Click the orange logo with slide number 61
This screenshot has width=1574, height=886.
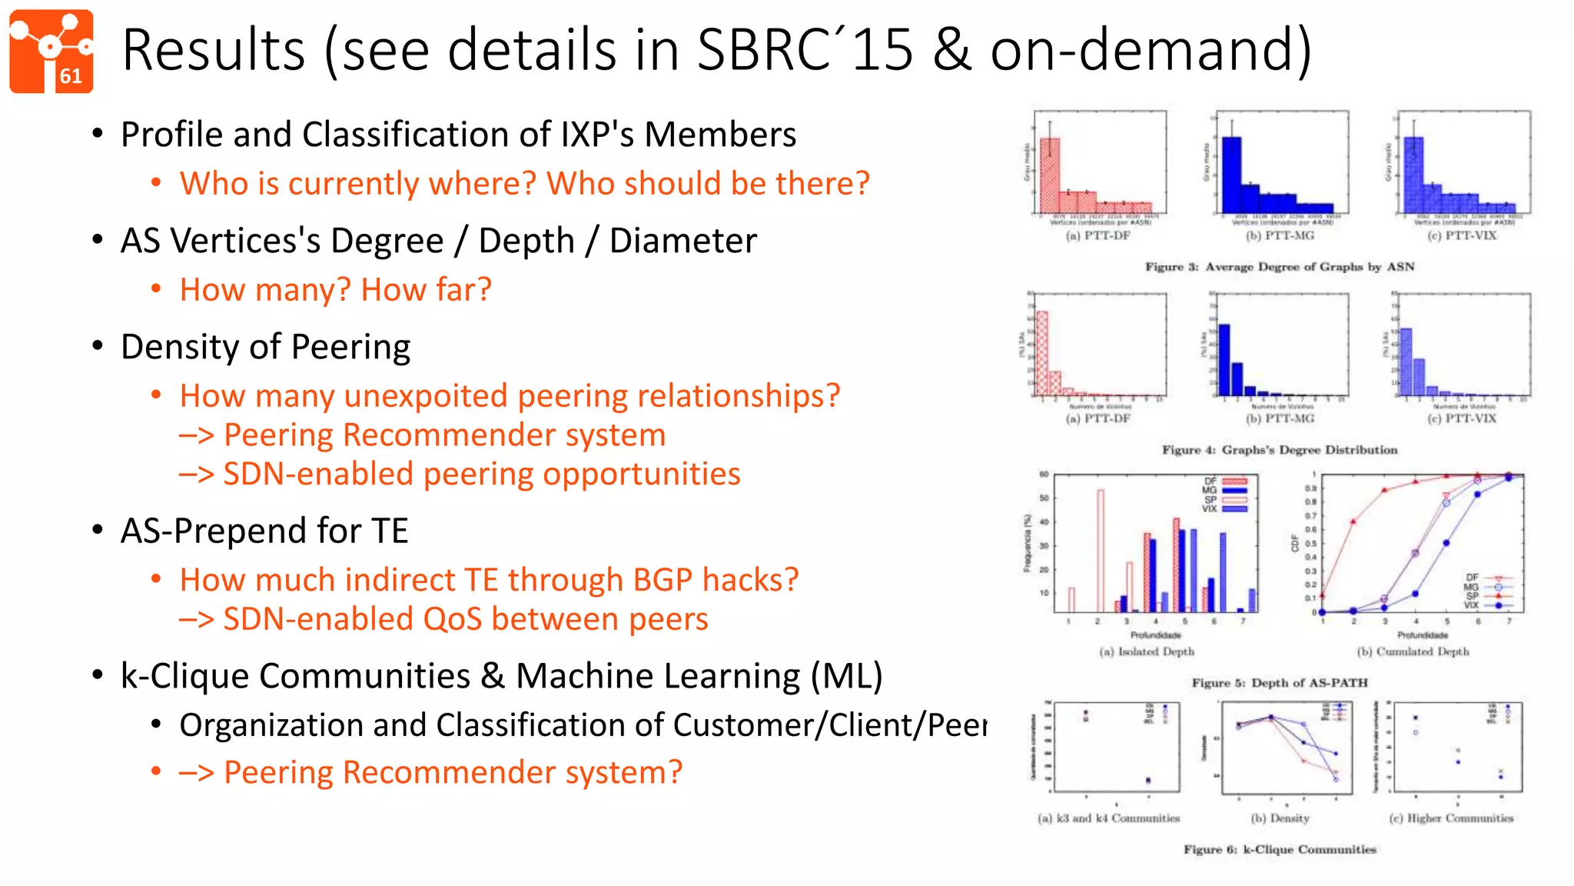pyautogui.click(x=51, y=51)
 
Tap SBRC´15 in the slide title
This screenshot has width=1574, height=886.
pyautogui.click(x=805, y=51)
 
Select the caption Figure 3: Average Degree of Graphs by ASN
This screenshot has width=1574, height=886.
pyautogui.click(x=1280, y=267)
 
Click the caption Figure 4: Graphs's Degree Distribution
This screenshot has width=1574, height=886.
pyautogui.click(x=1280, y=450)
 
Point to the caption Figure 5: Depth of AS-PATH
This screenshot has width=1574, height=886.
pyautogui.click(x=1280, y=683)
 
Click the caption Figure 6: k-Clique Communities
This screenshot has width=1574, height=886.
pyautogui.click(x=1280, y=850)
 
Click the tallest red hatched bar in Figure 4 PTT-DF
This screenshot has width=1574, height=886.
pyautogui.click(x=1042, y=354)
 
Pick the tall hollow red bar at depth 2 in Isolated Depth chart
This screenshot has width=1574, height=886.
pyautogui.click(x=1101, y=550)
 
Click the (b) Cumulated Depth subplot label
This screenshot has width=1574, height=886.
pyautogui.click(x=1413, y=651)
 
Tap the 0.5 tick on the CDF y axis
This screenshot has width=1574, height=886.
pyautogui.click(x=1310, y=544)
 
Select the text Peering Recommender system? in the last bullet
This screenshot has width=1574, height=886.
pyautogui.click(x=453, y=772)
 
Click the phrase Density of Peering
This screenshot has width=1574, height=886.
pyautogui.click(x=265, y=347)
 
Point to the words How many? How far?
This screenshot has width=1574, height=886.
pyautogui.click(x=335, y=290)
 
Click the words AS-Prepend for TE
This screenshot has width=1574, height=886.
pyautogui.click(x=264, y=531)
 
